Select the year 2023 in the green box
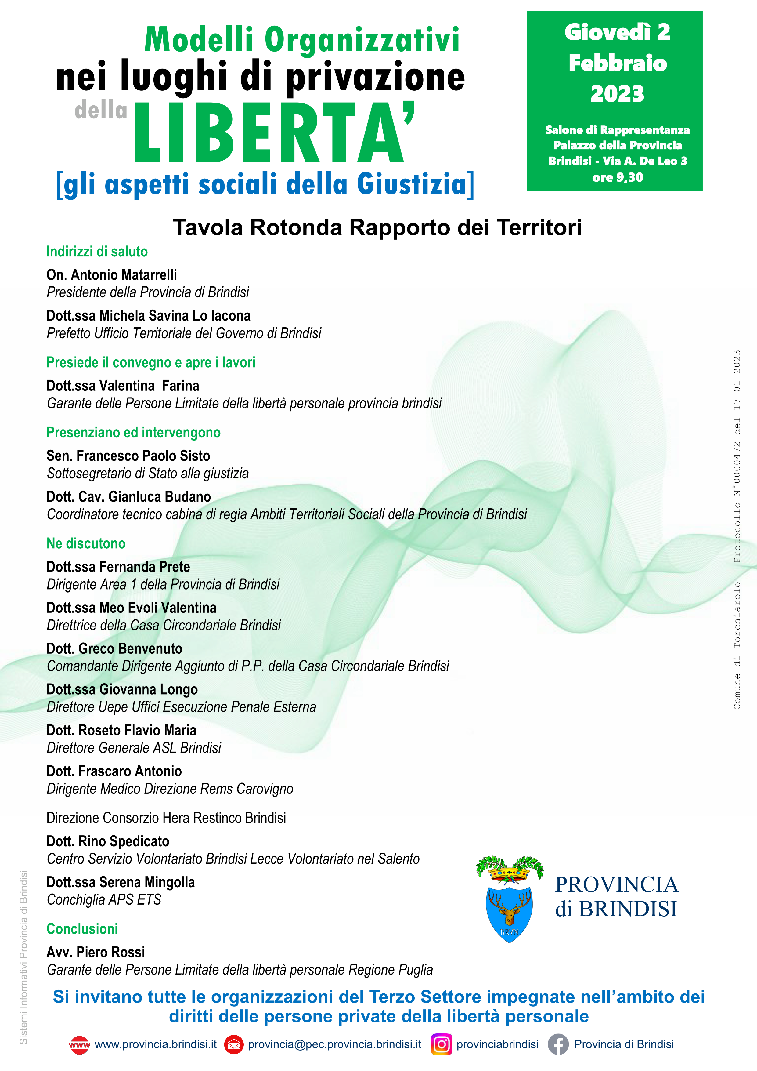click(617, 94)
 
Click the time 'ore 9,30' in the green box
click(617, 178)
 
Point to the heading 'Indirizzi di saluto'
click(97, 252)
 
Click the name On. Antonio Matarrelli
click(112, 275)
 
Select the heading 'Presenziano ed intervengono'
click(133, 432)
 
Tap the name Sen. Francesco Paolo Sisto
click(128, 456)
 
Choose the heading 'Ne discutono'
click(86, 543)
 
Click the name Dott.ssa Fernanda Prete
click(118, 567)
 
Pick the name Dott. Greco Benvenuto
click(114, 648)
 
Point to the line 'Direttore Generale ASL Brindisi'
click(134, 748)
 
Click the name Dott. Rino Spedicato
click(108, 841)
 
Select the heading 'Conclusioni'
click(82, 929)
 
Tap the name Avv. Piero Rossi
click(96, 952)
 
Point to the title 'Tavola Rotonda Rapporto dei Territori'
click(377, 228)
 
